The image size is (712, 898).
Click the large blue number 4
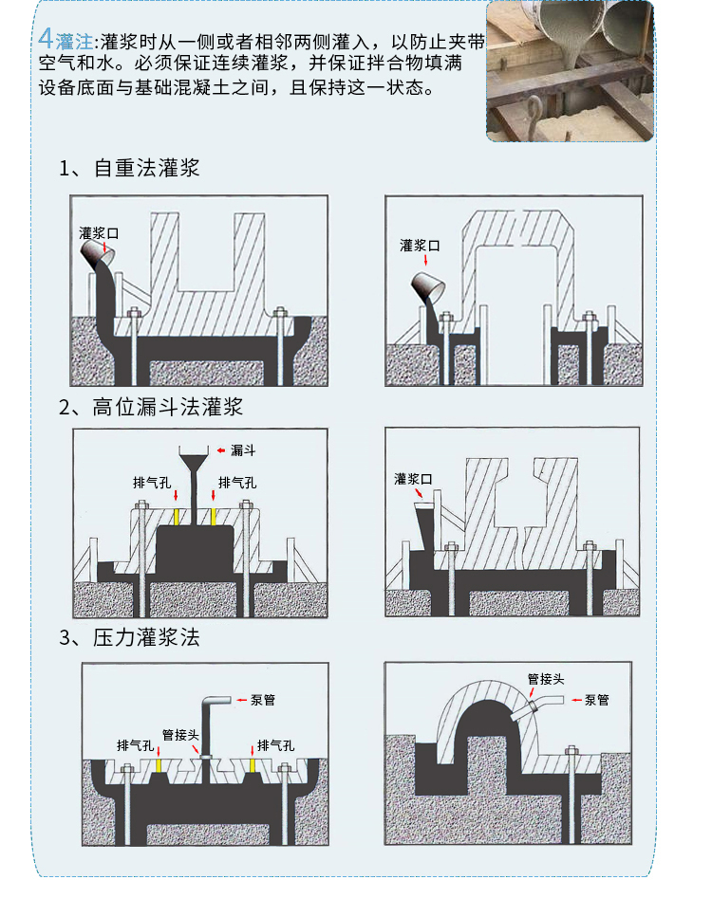(46, 39)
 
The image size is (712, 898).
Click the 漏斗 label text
(242, 450)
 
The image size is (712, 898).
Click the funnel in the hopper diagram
(194, 459)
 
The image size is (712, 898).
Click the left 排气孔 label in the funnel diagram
(152, 483)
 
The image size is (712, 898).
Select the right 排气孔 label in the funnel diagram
(237, 483)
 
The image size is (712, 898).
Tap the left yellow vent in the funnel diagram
(176, 517)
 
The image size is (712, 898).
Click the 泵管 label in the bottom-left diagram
(263, 700)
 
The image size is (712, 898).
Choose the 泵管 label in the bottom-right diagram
(596, 700)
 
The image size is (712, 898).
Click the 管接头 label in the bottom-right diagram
(546, 679)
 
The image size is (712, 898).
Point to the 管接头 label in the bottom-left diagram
(180, 735)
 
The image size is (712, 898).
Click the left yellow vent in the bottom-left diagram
(159, 765)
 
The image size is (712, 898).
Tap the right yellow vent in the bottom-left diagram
(253, 765)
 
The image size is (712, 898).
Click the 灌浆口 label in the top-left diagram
(99, 233)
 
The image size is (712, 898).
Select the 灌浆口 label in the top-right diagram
(420, 246)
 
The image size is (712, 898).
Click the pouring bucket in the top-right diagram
(427, 288)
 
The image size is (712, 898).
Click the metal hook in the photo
(534, 115)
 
